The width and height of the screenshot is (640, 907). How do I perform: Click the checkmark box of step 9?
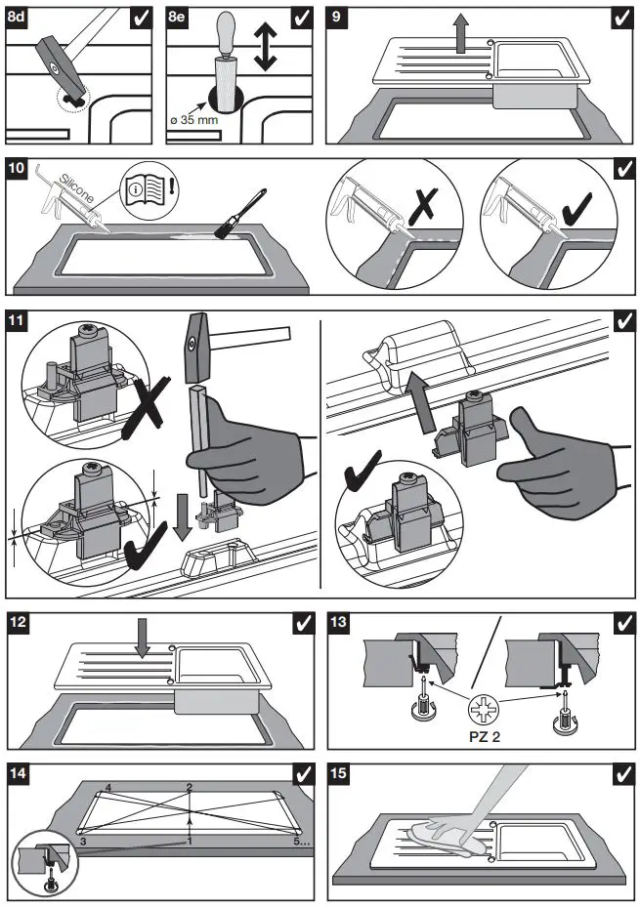click(621, 18)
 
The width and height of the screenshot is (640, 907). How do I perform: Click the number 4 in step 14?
click(108, 787)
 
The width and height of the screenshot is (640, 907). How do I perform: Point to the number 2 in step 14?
click(190, 787)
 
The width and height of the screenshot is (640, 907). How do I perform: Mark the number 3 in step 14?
click(83, 840)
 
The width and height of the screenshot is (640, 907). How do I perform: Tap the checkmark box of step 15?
click(621, 774)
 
